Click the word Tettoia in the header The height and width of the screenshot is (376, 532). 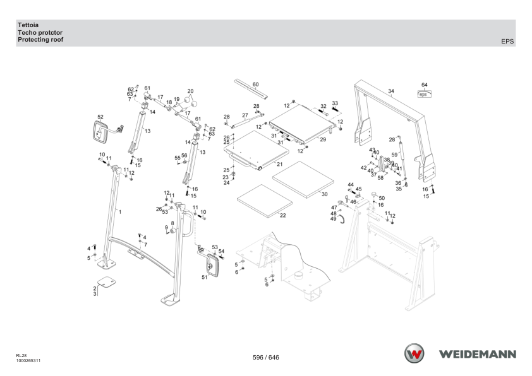[x=28, y=25]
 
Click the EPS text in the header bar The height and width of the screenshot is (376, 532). [x=507, y=42]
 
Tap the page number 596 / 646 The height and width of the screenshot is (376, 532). [x=266, y=357]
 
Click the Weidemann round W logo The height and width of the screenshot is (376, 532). [x=414, y=353]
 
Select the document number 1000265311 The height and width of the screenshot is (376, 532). [x=28, y=361]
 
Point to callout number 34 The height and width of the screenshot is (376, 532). [x=391, y=91]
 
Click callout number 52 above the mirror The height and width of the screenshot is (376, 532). [x=100, y=117]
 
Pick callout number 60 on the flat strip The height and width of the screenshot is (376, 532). [x=255, y=85]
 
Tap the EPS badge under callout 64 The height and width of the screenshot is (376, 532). [x=424, y=94]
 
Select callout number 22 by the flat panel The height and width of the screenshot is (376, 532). [x=282, y=215]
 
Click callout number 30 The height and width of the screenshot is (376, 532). [x=324, y=194]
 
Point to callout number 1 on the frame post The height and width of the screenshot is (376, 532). [x=120, y=212]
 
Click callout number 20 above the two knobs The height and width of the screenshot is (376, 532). [x=190, y=91]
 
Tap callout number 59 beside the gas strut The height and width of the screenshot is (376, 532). [x=394, y=155]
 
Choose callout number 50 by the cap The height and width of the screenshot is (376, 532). [x=382, y=198]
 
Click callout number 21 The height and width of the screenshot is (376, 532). [x=279, y=164]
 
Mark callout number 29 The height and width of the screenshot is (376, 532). [x=323, y=139]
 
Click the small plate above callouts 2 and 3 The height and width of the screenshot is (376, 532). [x=106, y=282]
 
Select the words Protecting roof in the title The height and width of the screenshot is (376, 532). [x=40, y=40]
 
